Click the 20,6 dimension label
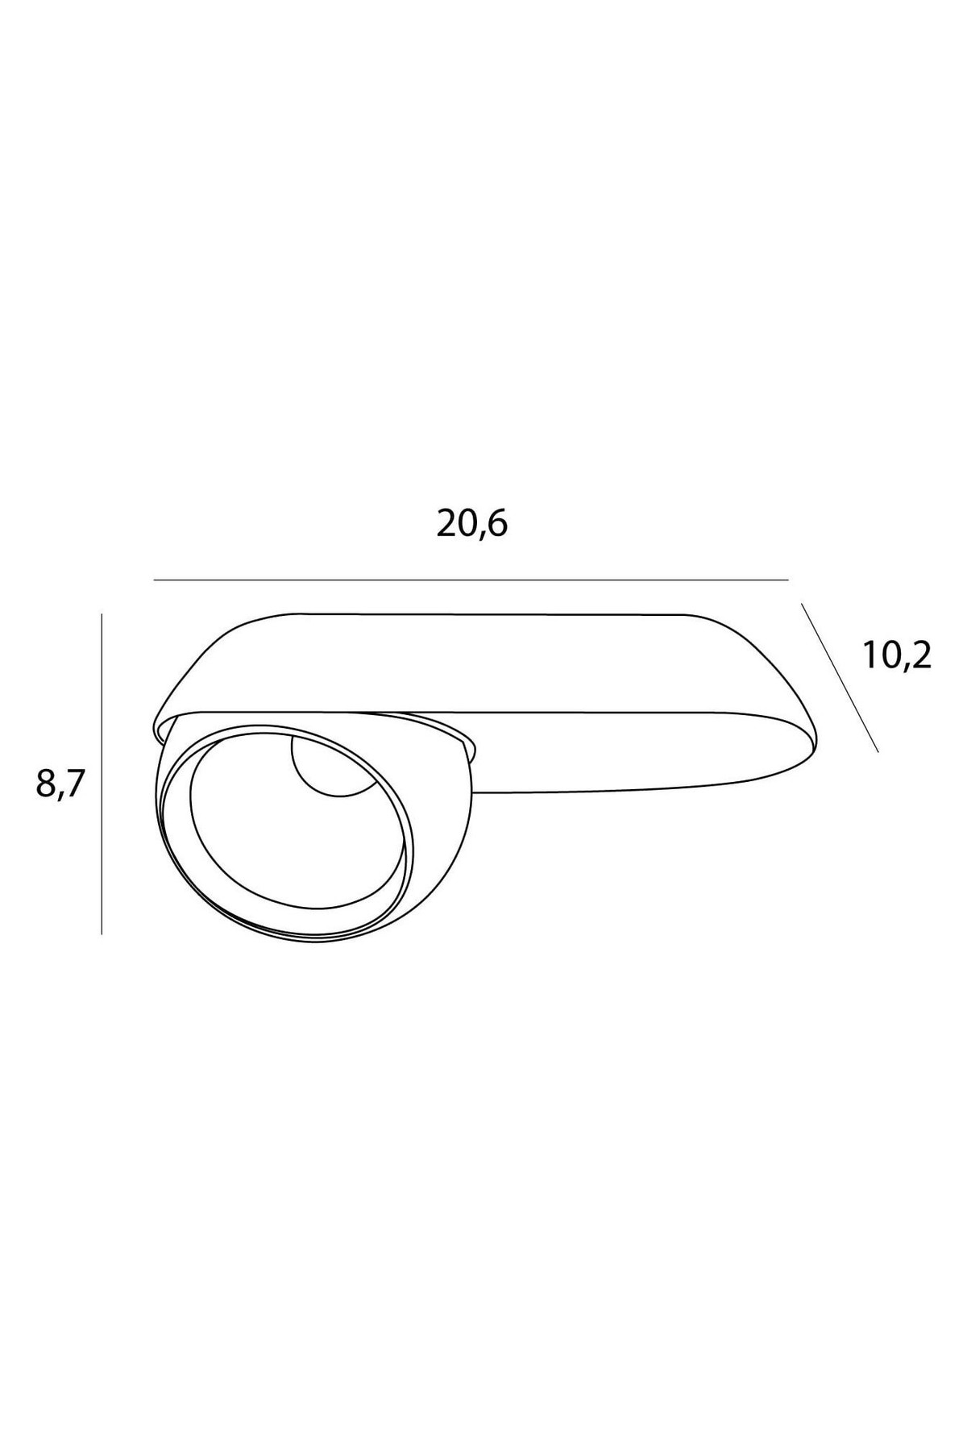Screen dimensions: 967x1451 [x=472, y=525]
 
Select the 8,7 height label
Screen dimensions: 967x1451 [x=60, y=783]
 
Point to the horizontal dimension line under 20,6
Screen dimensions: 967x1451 [x=471, y=580]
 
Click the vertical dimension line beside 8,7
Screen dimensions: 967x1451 [x=102, y=774]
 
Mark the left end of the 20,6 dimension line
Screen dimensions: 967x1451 [x=153, y=580]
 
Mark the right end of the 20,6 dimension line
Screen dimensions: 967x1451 [x=788, y=580]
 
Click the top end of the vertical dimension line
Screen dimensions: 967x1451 [x=102, y=614]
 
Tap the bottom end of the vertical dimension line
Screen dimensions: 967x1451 [x=102, y=934]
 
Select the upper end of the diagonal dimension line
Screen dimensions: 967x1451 [x=801, y=603]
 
